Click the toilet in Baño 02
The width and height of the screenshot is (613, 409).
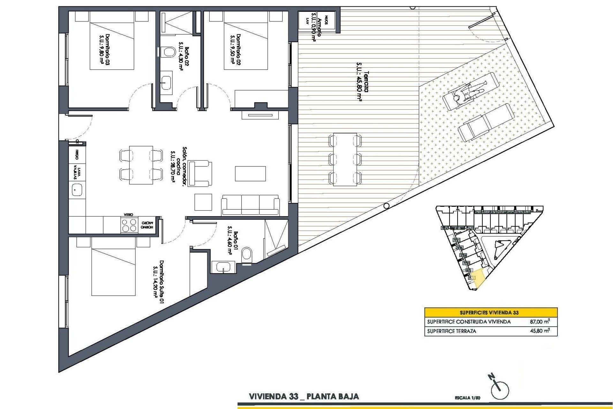point(168,52)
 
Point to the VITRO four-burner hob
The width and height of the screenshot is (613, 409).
point(129,225)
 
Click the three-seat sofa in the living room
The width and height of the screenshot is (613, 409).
point(251,204)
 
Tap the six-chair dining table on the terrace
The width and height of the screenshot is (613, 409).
point(345,159)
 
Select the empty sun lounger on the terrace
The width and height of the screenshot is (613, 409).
point(485,123)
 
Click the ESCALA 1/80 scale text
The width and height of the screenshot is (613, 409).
point(467,398)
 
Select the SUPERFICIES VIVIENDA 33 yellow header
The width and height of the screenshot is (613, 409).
point(491,312)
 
